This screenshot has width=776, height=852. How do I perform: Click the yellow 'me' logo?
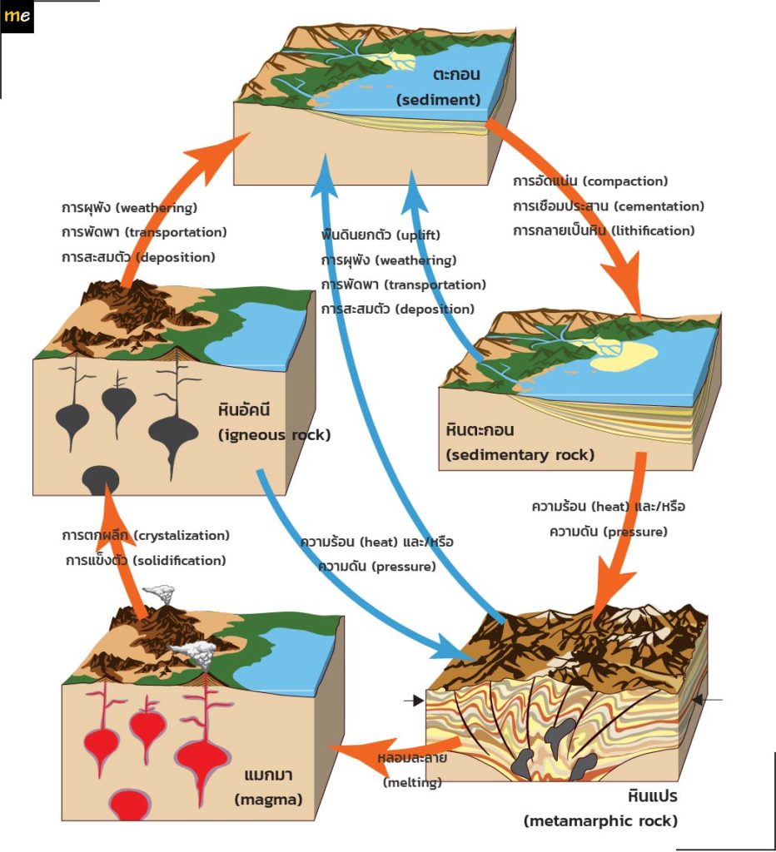click(17, 16)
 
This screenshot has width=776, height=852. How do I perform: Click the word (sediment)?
click(438, 100)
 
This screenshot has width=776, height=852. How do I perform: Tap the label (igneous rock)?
click(274, 435)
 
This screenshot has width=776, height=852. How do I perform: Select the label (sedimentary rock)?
click(520, 455)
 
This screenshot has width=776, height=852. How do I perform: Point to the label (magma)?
click(268, 800)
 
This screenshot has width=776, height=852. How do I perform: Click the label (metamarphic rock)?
click(601, 821)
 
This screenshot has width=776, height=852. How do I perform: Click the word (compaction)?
click(625, 181)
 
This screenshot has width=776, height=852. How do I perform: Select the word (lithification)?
click(653, 231)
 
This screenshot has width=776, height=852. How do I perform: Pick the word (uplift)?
click(418, 235)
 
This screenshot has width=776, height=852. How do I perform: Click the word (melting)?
click(412, 782)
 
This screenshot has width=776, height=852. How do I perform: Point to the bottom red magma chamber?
click(129, 805)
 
